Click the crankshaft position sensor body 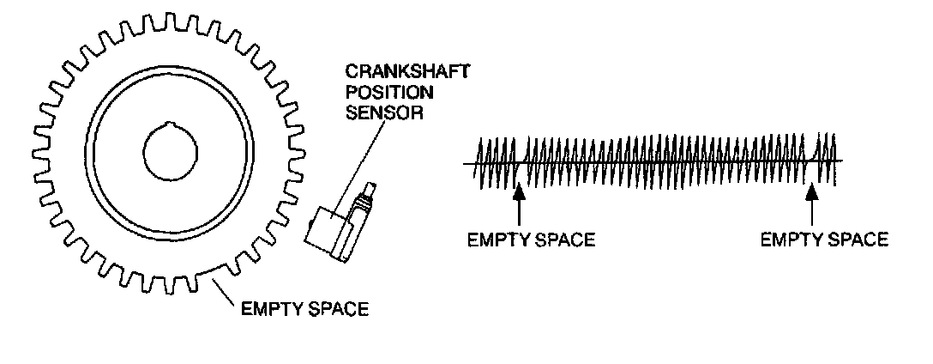(329, 230)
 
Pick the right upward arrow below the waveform (812, 206)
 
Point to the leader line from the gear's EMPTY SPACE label (226, 293)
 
